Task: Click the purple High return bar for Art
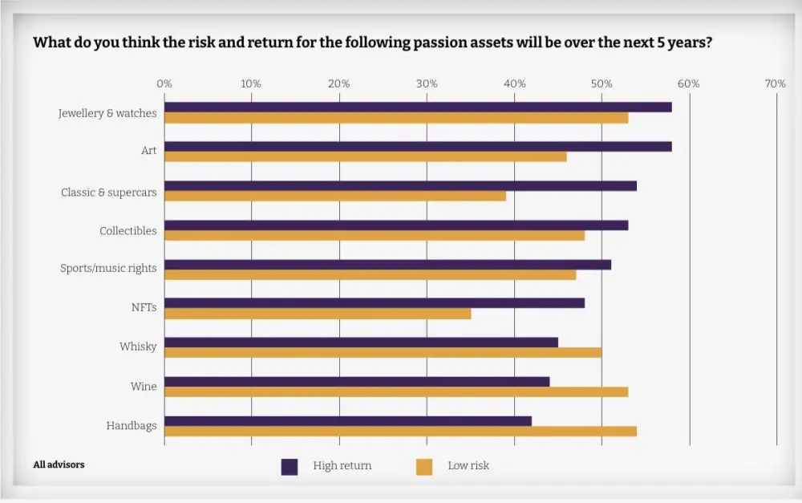coord(417,147)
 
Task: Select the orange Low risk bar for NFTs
coord(318,314)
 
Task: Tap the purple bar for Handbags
coord(347,421)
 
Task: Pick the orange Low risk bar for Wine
coord(396,392)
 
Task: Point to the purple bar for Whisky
coord(361,343)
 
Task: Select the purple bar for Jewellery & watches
coord(417,107)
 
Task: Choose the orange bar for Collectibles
coord(374,236)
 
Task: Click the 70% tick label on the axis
coord(776,83)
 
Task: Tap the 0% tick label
coord(164,83)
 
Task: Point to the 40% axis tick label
coord(514,83)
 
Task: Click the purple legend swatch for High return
coord(290,467)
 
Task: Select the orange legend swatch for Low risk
coord(424,467)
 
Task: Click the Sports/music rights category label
coord(108,268)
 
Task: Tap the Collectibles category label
coord(128,231)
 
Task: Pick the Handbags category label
coord(131,426)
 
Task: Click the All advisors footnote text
coord(59,464)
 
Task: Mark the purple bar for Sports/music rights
coord(387,265)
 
